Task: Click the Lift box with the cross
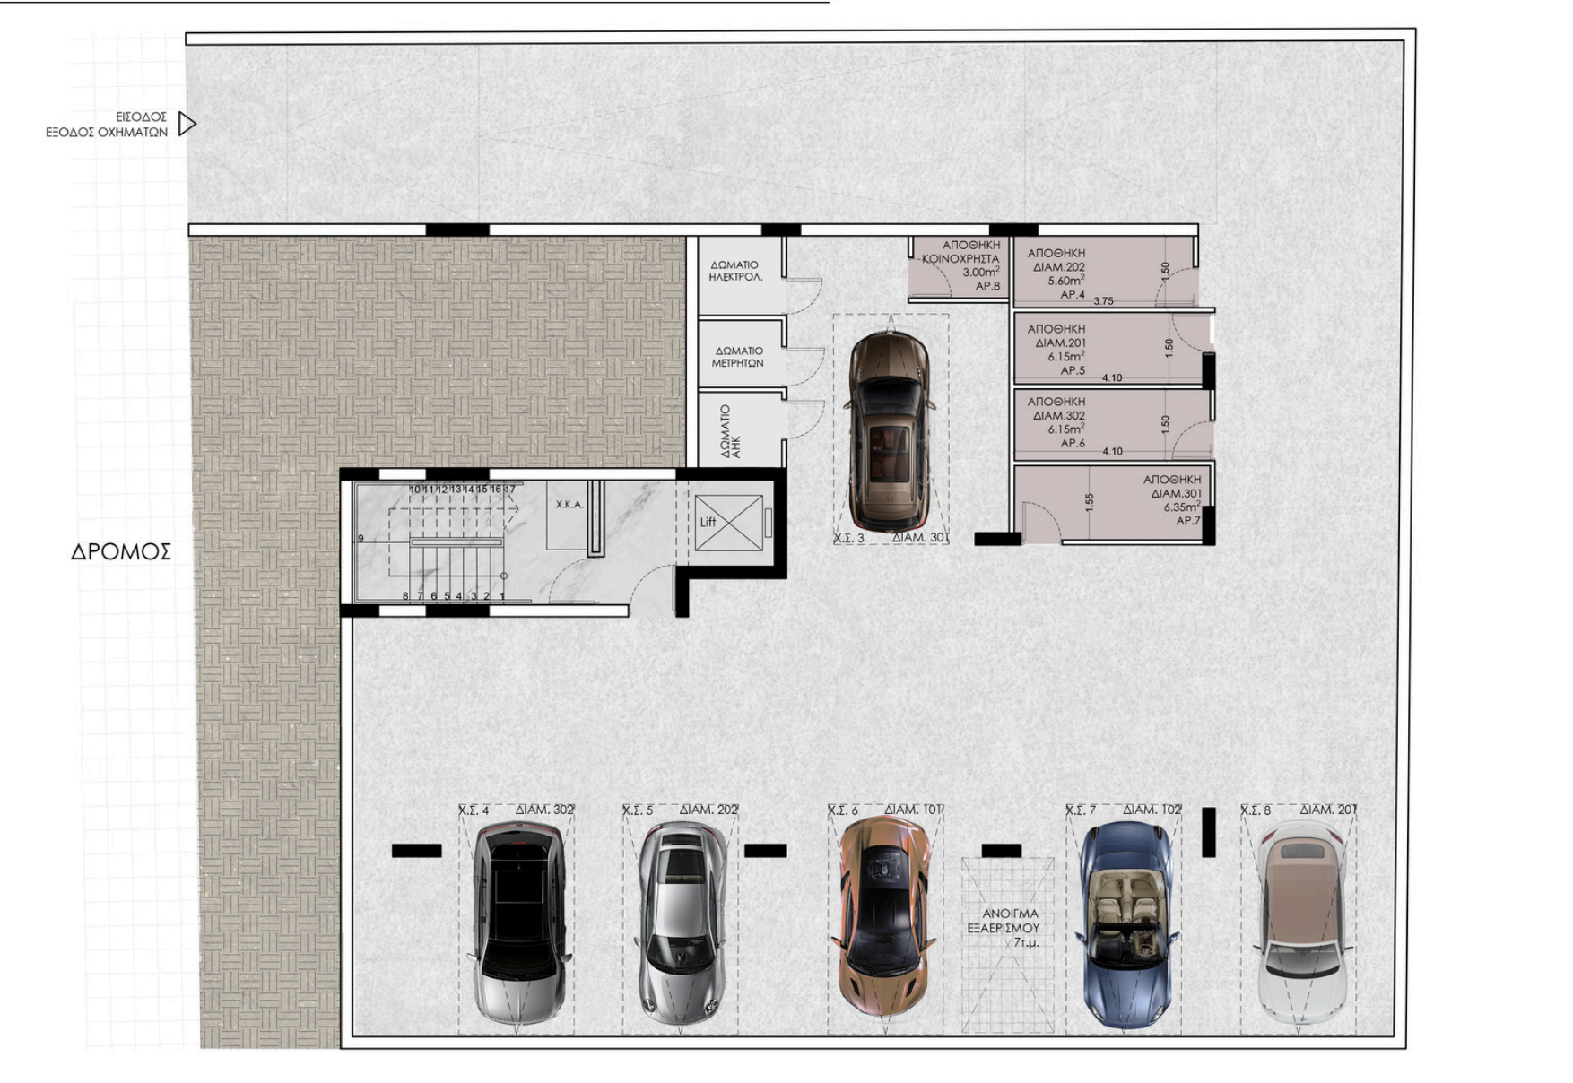(728, 523)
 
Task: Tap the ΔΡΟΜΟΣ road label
(121, 552)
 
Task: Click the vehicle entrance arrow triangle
(186, 124)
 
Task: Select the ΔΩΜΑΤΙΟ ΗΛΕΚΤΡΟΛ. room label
(735, 271)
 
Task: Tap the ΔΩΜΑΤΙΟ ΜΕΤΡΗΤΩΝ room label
(738, 357)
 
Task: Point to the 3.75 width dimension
(1103, 301)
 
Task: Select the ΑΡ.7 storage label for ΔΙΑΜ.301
(1187, 521)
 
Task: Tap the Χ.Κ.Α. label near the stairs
(569, 505)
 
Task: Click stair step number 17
(510, 490)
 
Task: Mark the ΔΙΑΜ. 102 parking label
(1152, 810)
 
